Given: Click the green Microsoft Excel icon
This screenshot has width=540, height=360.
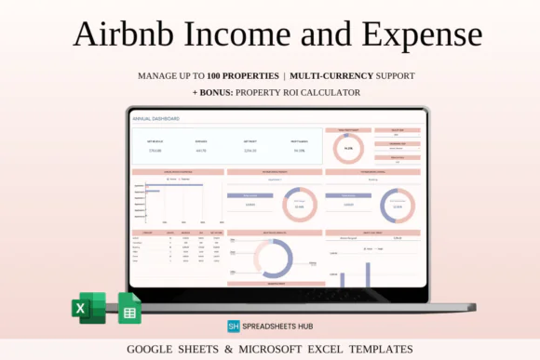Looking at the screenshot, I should point(88,307).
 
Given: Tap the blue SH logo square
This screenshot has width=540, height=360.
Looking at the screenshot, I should point(235,327).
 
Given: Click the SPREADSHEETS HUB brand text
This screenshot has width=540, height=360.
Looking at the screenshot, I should point(280,327).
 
